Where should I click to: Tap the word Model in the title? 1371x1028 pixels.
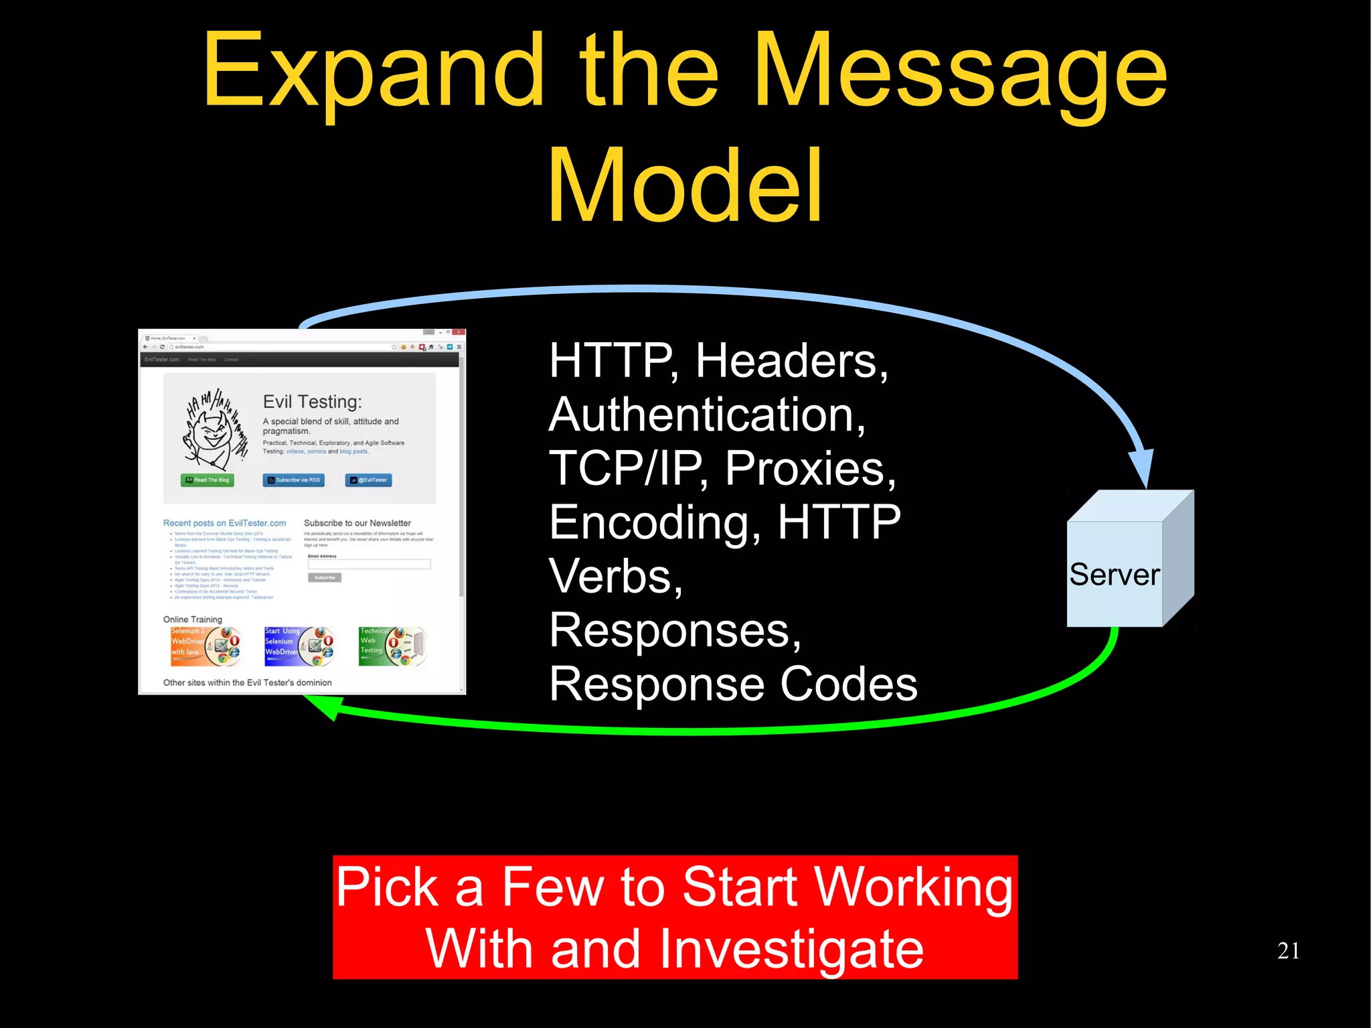(x=684, y=186)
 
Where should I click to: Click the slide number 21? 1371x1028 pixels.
(x=1288, y=950)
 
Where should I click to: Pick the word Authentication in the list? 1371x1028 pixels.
(x=706, y=415)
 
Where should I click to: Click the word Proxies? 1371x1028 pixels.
(x=810, y=468)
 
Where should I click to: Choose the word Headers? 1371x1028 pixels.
(x=792, y=361)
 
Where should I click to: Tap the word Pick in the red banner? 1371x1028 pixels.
(x=387, y=887)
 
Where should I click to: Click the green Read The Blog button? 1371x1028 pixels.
(x=208, y=480)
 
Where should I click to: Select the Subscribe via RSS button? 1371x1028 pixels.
(x=293, y=480)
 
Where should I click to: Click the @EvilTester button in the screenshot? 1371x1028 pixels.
(x=368, y=480)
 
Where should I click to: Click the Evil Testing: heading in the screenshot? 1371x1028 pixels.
(x=312, y=402)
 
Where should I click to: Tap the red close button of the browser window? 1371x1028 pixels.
(x=459, y=332)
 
